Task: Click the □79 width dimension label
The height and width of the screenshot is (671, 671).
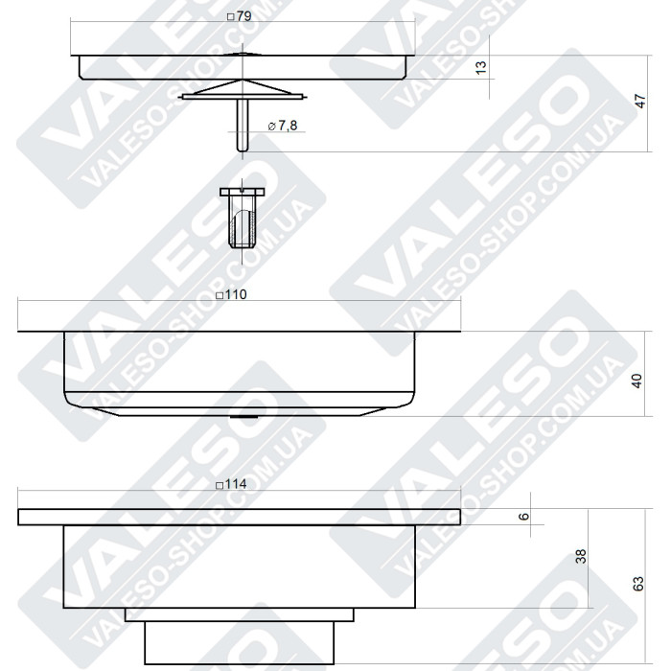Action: pos(236,17)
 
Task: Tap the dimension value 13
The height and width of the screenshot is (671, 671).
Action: pos(481,66)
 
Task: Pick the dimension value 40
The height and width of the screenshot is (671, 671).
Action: pos(637,381)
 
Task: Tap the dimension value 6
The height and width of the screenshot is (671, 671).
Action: pos(523,516)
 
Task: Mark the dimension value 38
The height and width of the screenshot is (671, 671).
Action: pos(579,556)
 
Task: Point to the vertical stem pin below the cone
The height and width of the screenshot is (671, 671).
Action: pos(243,125)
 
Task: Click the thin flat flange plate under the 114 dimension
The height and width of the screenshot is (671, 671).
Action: pos(240,517)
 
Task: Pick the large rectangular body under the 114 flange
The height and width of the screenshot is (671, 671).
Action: pos(240,566)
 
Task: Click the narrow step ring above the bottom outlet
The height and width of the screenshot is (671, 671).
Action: pos(240,614)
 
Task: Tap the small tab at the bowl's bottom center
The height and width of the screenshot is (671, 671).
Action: pos(243,418)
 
